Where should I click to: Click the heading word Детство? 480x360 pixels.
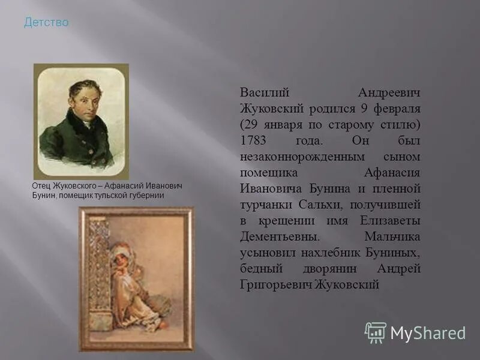(x=46, y=23)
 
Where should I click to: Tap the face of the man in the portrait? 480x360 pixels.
(x=83, y=101)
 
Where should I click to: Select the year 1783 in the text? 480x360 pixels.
(x=253, y=140)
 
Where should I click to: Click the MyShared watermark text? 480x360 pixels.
(x=428, y=334)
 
